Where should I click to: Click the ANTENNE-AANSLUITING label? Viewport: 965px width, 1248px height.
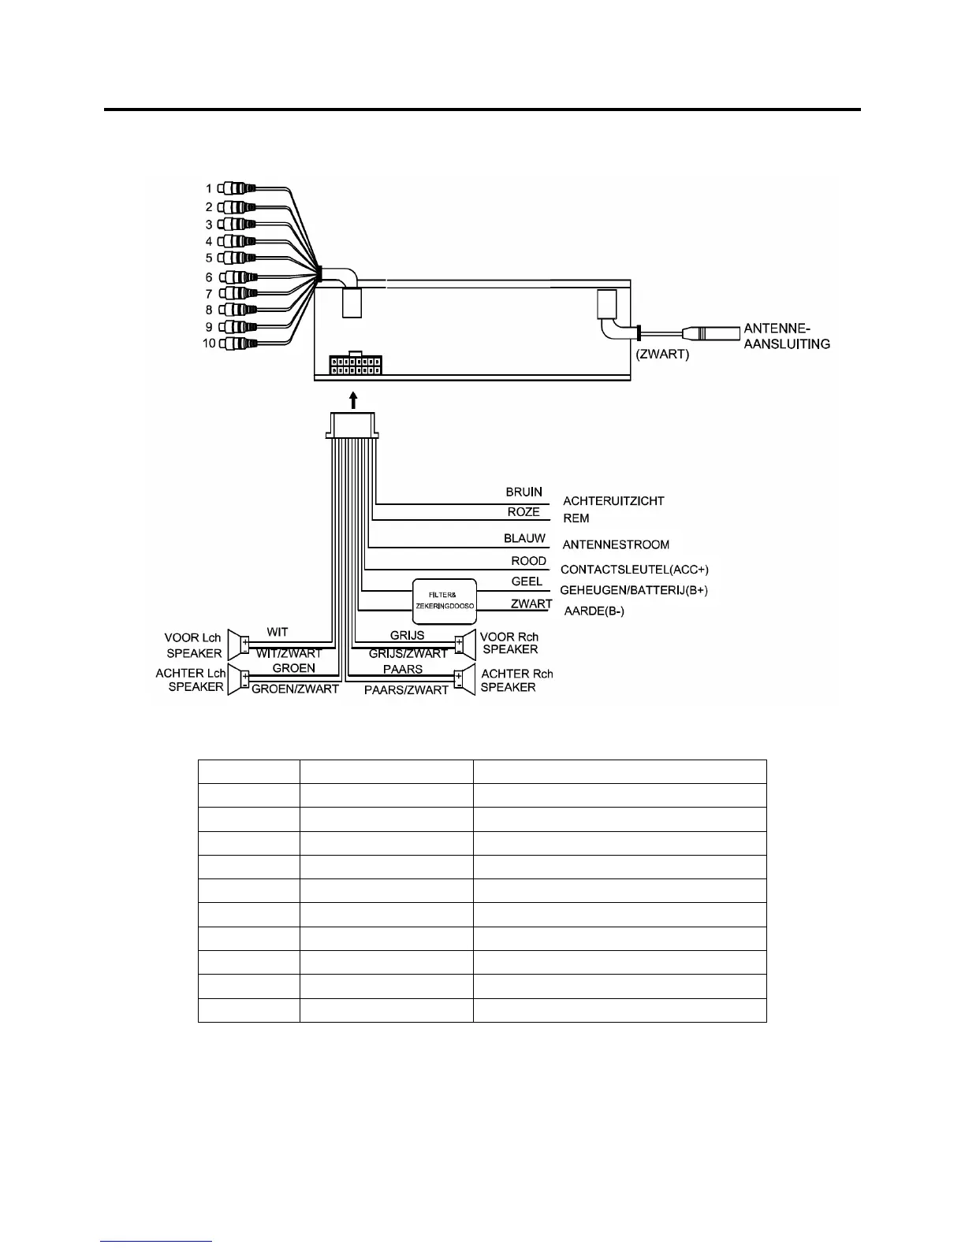787,336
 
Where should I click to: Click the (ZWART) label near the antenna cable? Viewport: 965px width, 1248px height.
662,355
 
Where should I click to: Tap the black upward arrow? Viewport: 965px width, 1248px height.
353,398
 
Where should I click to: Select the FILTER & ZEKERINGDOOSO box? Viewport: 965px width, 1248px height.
445,600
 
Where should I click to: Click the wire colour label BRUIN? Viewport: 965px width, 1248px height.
524,492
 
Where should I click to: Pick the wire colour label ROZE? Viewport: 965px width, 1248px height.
523,512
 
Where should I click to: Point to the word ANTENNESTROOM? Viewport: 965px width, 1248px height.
616,544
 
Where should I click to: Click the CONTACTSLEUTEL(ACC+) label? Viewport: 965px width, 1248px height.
634,569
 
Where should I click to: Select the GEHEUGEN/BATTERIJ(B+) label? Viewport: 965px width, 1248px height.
634,590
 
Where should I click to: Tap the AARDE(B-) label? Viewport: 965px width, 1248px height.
594,611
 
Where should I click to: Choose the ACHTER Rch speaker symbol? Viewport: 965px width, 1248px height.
464,680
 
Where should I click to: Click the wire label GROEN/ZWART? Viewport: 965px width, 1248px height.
295,689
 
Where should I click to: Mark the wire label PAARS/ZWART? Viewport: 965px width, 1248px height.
406,690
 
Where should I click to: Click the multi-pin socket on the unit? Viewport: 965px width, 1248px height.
356,365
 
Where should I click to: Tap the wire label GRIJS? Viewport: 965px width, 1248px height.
407,635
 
